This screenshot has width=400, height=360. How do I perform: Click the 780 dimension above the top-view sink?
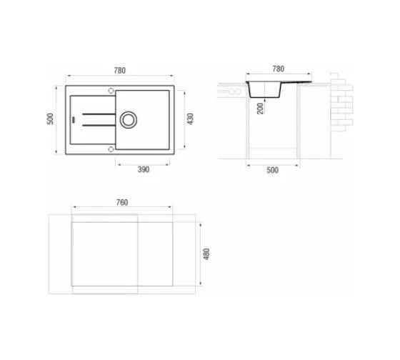pos(120,71)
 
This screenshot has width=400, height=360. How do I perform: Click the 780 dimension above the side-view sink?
pos(279,69)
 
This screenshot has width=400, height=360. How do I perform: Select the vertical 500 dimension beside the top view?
pos(51,119)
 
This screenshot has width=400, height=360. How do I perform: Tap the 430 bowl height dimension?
pos(190,119)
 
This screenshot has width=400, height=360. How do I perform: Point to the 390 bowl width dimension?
pos(144,169)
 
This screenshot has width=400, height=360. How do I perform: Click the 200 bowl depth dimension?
pos(260,109)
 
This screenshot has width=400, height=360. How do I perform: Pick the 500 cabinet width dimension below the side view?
pos(272,170)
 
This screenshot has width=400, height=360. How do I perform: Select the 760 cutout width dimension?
pos(122,203)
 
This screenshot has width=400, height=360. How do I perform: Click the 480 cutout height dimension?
pos(206,254)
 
